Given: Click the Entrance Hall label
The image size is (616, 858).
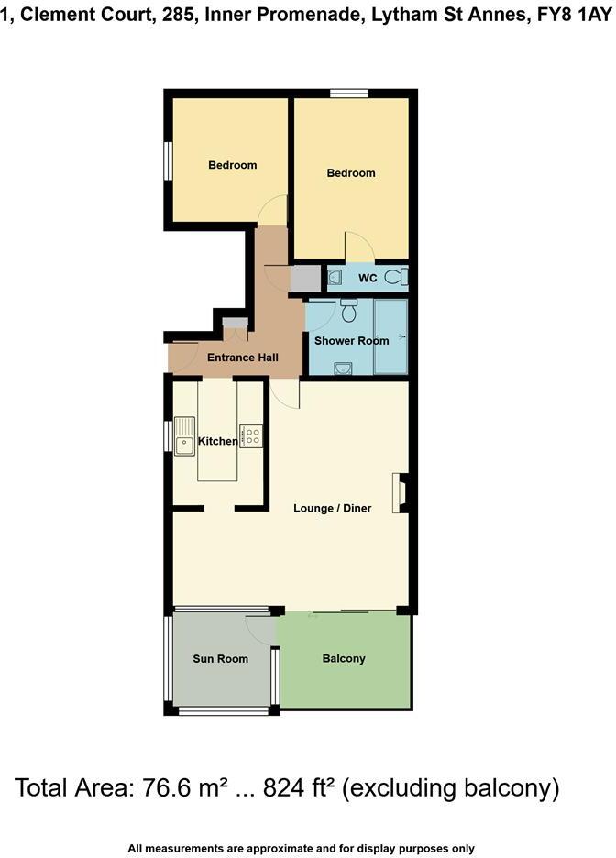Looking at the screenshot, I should [x=242, y=357].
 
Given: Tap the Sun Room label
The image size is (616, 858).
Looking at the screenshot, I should [x=220, y=659].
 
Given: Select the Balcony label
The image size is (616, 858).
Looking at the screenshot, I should [x=344, y=658].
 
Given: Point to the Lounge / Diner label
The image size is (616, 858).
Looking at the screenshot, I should [x=332, y=508].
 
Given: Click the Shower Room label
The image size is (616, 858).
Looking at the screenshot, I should [x=351, y=340].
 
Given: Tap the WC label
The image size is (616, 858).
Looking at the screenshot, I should [x=368, y=277].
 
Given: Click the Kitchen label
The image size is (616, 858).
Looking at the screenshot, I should [x=218, y=442].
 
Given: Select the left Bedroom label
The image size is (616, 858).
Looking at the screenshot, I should [x=232, y=165].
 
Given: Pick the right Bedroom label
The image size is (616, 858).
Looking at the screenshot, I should [x=351, y=172].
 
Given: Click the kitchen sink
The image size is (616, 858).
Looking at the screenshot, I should [x=185, y=434].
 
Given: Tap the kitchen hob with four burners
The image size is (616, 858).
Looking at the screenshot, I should [x=251, y=434].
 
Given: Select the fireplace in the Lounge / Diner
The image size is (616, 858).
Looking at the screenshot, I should [x=401, y=492].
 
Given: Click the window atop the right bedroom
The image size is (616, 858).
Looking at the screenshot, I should [x=349, y=92].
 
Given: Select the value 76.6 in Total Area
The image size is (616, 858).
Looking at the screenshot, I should [x=177, y=787].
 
